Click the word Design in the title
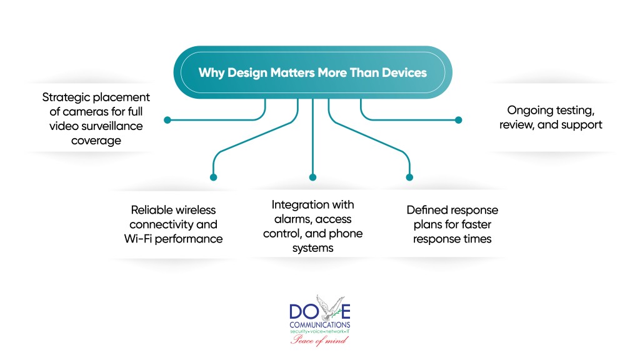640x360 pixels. coord(246,73)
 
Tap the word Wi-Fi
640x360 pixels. coord(149,239)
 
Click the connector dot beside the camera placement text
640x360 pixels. coord(167,119)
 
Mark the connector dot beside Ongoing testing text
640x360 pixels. coord(458,119)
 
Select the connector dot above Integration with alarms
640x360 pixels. coord(313,177)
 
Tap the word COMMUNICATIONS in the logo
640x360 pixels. coord(319,325)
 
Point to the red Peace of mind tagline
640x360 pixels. coord(319,340)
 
